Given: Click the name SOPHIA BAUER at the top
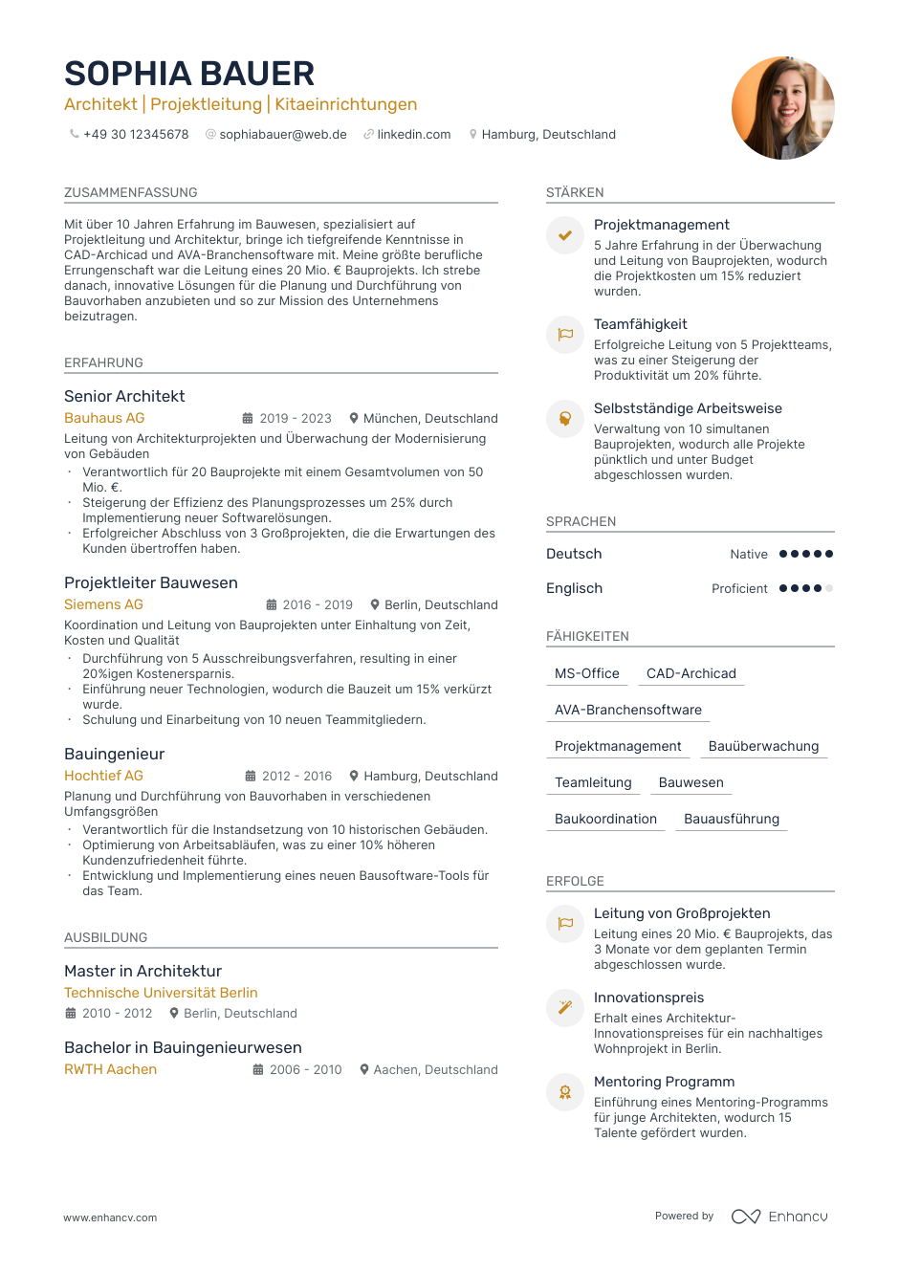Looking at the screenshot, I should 189,74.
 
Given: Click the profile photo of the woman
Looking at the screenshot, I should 782,108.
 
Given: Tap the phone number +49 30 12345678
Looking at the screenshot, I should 136,135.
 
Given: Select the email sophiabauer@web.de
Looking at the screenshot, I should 283,135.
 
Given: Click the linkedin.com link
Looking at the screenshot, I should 413,135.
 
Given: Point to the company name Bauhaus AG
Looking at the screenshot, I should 104,418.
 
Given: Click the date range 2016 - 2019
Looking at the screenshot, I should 318,605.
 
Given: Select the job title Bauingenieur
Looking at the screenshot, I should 114,754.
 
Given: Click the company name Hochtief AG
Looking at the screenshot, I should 103,776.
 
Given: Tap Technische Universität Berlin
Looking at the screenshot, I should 161,993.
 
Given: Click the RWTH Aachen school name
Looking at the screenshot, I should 110,1069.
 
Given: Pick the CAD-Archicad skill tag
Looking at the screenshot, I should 691,673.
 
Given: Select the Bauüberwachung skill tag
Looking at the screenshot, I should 763,746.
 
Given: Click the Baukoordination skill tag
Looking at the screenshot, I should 605,819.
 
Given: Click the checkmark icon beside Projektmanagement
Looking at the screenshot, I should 565,235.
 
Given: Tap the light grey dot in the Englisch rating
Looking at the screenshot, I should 829,588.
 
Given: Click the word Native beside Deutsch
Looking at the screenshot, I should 748,555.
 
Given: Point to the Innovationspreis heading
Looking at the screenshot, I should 648,998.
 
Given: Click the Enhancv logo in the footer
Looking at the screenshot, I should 779,1217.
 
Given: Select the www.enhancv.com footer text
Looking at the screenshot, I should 110,1217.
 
